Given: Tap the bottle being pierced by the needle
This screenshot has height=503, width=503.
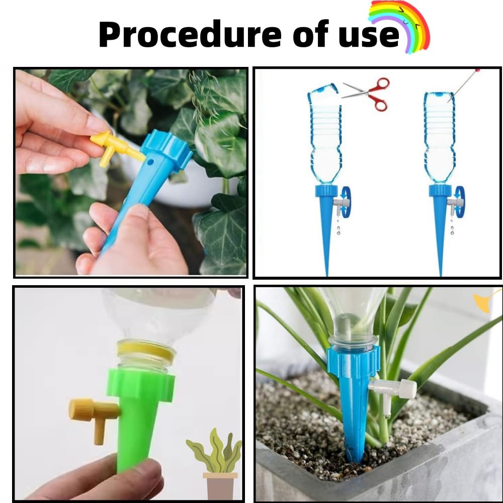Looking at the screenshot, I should (x=439, y=138).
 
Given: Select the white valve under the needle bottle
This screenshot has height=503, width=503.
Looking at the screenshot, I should (x=456, y=203).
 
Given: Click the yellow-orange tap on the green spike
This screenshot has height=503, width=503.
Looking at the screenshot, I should (x=93, y=412).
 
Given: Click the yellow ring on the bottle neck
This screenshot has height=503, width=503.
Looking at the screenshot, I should (x=146, y=351).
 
